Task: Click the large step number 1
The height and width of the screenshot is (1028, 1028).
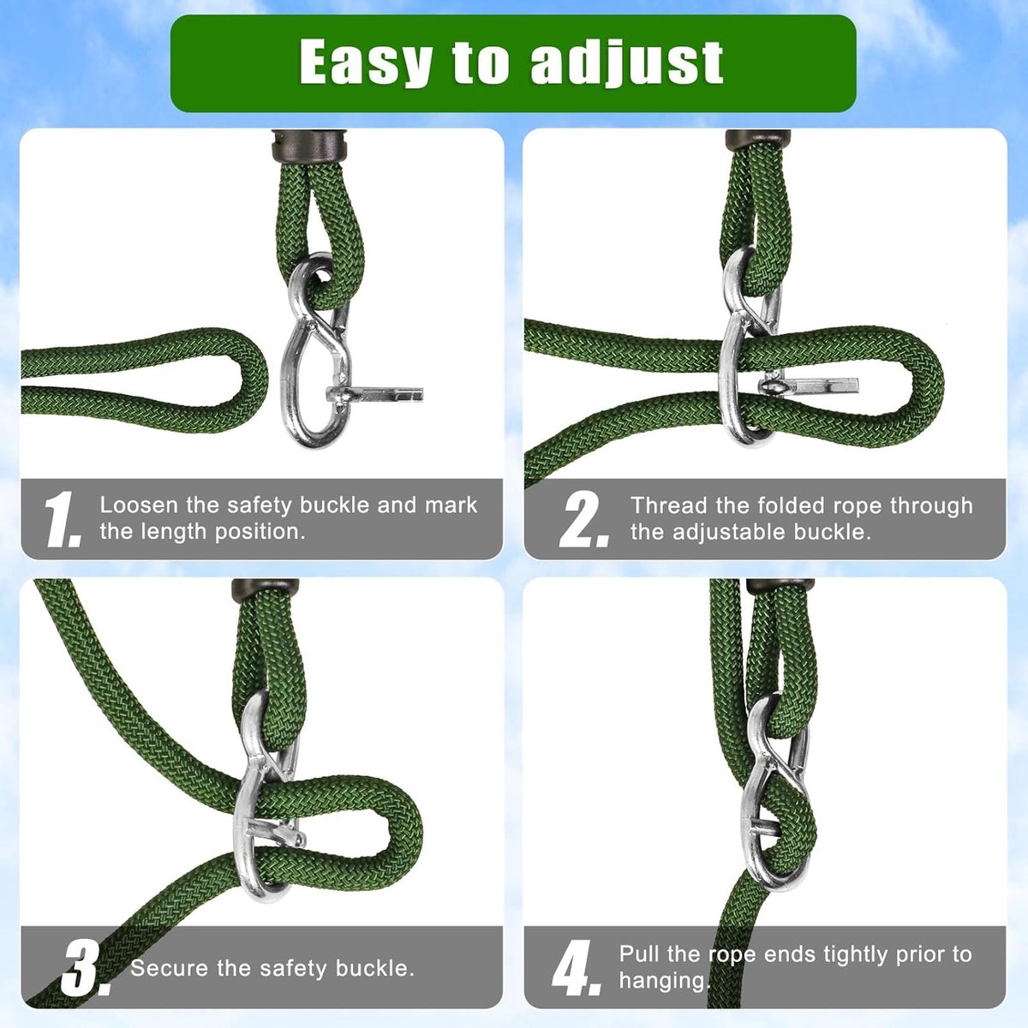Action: pos(63,520)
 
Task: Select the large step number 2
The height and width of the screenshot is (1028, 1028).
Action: pos(585,519)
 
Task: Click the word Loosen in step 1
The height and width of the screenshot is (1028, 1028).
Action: pos(139,505)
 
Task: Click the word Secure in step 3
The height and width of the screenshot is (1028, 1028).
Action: pos(170,968)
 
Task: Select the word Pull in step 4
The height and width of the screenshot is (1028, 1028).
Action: pos(637,953)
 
